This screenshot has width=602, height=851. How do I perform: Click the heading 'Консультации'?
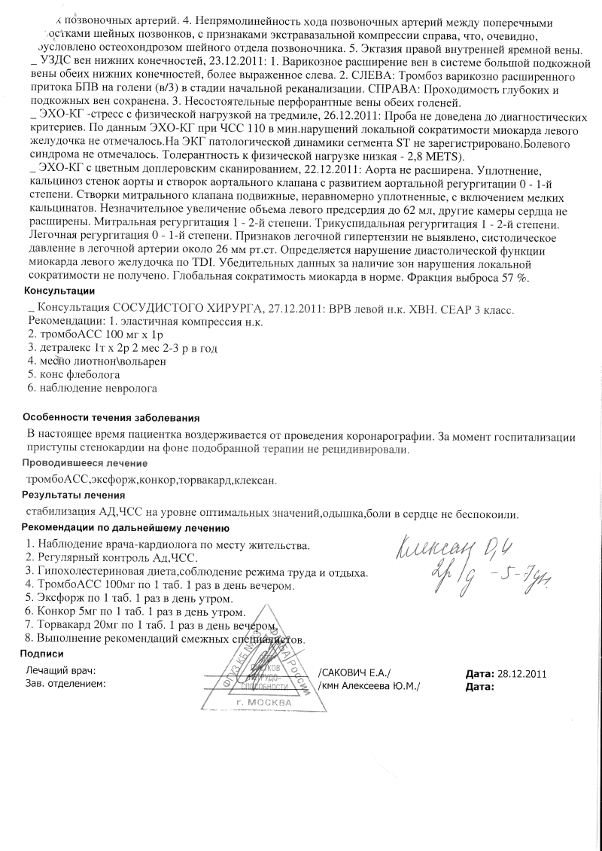pyautogui.click(x=59, y=291)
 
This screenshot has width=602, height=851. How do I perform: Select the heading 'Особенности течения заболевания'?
pyautogui.click(x=111, y=417)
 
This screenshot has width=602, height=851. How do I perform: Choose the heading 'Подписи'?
pyautogui.click(x=42, y=654)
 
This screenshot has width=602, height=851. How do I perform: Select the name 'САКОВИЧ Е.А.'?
pyautogui.click(x=355, y=673)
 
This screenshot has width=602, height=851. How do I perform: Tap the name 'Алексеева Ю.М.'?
pyautogui.click(x=379, y=686)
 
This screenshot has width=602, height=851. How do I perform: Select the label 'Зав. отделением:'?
pyautogui.click(x=65, y=684)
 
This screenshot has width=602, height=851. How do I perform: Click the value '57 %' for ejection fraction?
pyautogui.click(x=512, y=277)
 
